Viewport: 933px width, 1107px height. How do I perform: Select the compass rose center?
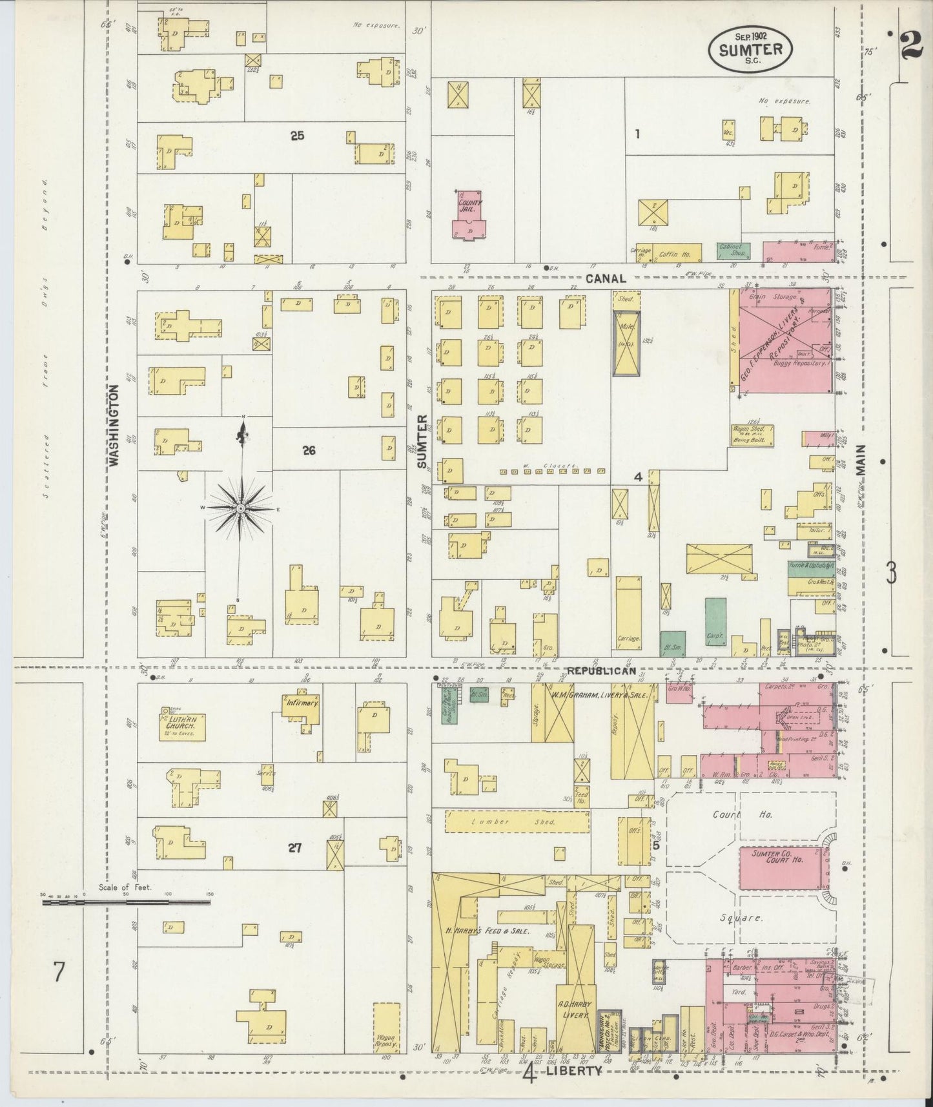pos(240,509)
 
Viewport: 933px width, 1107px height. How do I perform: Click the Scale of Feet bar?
pos(126,902)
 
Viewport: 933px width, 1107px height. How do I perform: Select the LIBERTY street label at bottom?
pos(573,1070)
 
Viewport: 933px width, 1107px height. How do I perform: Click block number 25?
pos(297,136)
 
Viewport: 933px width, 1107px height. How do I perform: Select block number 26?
pos(309,450)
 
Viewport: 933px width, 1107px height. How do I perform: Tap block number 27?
pos(295,848)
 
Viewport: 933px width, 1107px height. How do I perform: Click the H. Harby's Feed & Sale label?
pos(487,931)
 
